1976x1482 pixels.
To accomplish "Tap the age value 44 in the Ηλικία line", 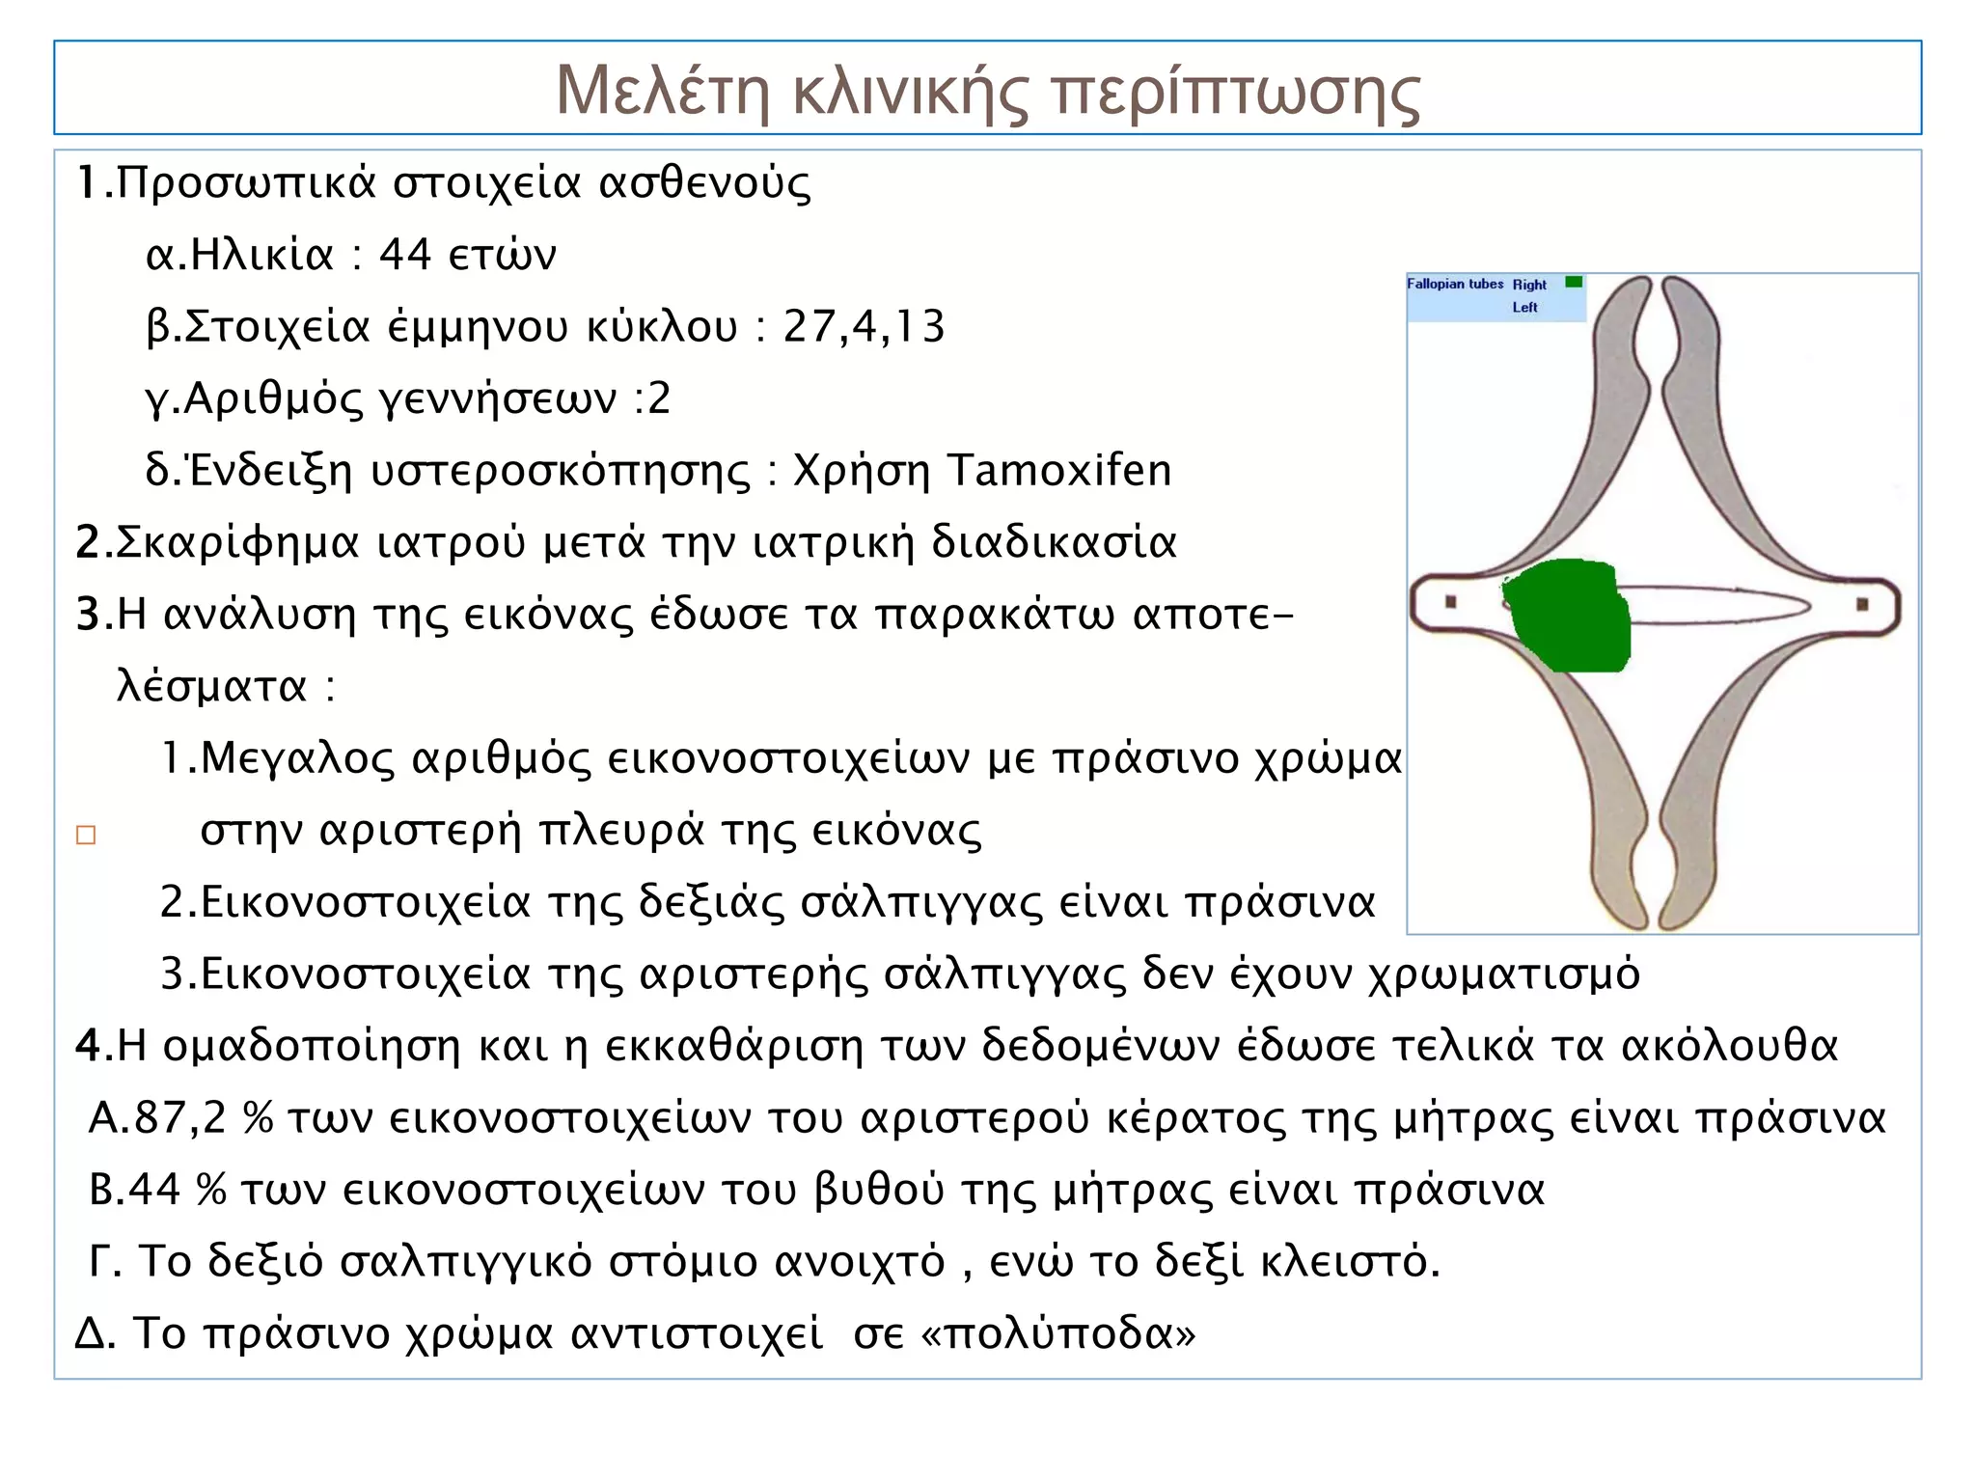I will tap(404, 256).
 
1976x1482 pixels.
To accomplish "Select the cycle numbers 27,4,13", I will tap(864, 327).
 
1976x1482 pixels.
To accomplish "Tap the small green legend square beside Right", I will tap(1574, 283).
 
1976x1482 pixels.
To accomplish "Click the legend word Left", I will tap(1524, 308).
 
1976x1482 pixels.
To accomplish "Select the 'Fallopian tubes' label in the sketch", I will tap(1455, 285).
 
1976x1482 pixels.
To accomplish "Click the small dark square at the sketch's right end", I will tap(1862, 605).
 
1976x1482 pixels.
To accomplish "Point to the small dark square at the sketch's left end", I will tap(1450, 602).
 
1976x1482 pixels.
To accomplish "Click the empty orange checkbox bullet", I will tap(86, 835).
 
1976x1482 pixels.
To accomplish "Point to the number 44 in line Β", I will tap(155, 1190).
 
